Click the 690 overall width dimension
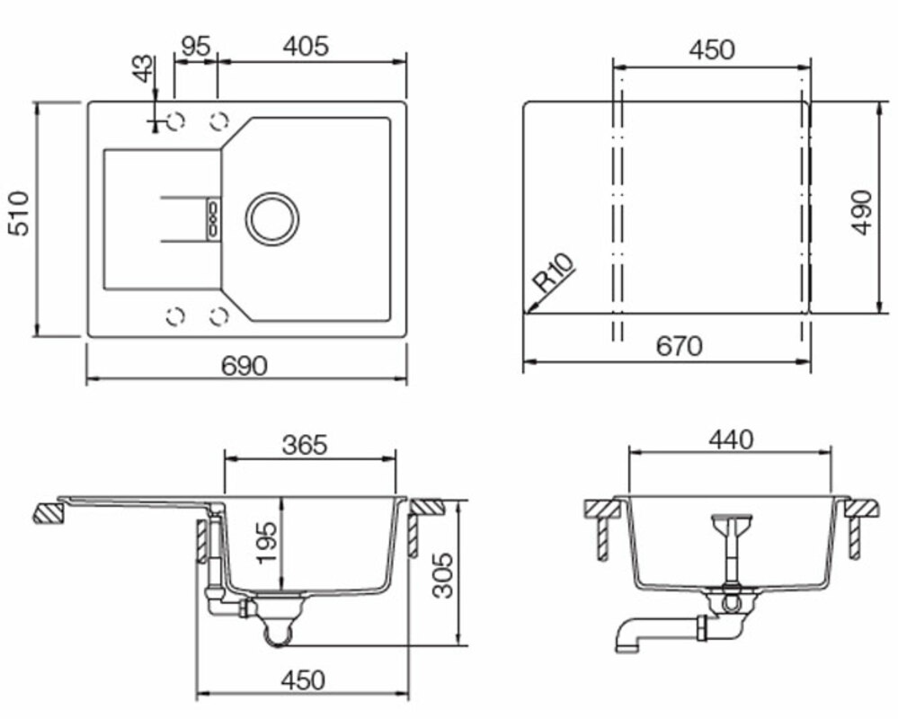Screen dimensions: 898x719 click(245, 365)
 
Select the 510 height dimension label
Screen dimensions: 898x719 click(18, 214)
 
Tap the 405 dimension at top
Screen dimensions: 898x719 click(306, 47)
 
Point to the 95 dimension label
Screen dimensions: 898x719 click(195, 47)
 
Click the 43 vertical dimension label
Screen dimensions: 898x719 click(144, 68)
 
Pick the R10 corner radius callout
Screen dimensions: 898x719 click(553, 273)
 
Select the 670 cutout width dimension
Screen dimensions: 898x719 click(679, 346)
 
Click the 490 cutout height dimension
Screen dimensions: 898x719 click(861, 212)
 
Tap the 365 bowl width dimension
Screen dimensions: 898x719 click(305, 445)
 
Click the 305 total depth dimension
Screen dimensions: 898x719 click(441, 575)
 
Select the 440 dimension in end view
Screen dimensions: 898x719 click(731, 439)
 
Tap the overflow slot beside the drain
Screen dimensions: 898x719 click(213, 218)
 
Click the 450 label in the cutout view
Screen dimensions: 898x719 click(712, 49)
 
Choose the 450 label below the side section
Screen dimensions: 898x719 click(303, 680)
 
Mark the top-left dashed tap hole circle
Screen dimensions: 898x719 click(175, 120)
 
